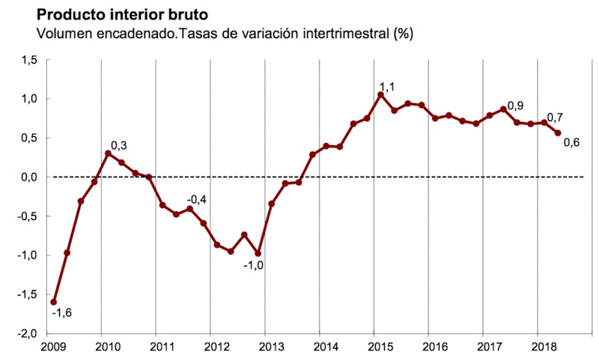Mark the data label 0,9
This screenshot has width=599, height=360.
[516, 106]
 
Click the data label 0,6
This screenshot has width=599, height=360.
[571, 143]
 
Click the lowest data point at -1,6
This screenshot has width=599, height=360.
[53, 302]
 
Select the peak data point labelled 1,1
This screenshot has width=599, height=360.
[380, 95]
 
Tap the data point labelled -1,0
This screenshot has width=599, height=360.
[258, 254]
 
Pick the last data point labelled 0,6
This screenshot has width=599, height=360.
[558, 133]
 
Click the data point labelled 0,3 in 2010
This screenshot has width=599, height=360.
[108, 153]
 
